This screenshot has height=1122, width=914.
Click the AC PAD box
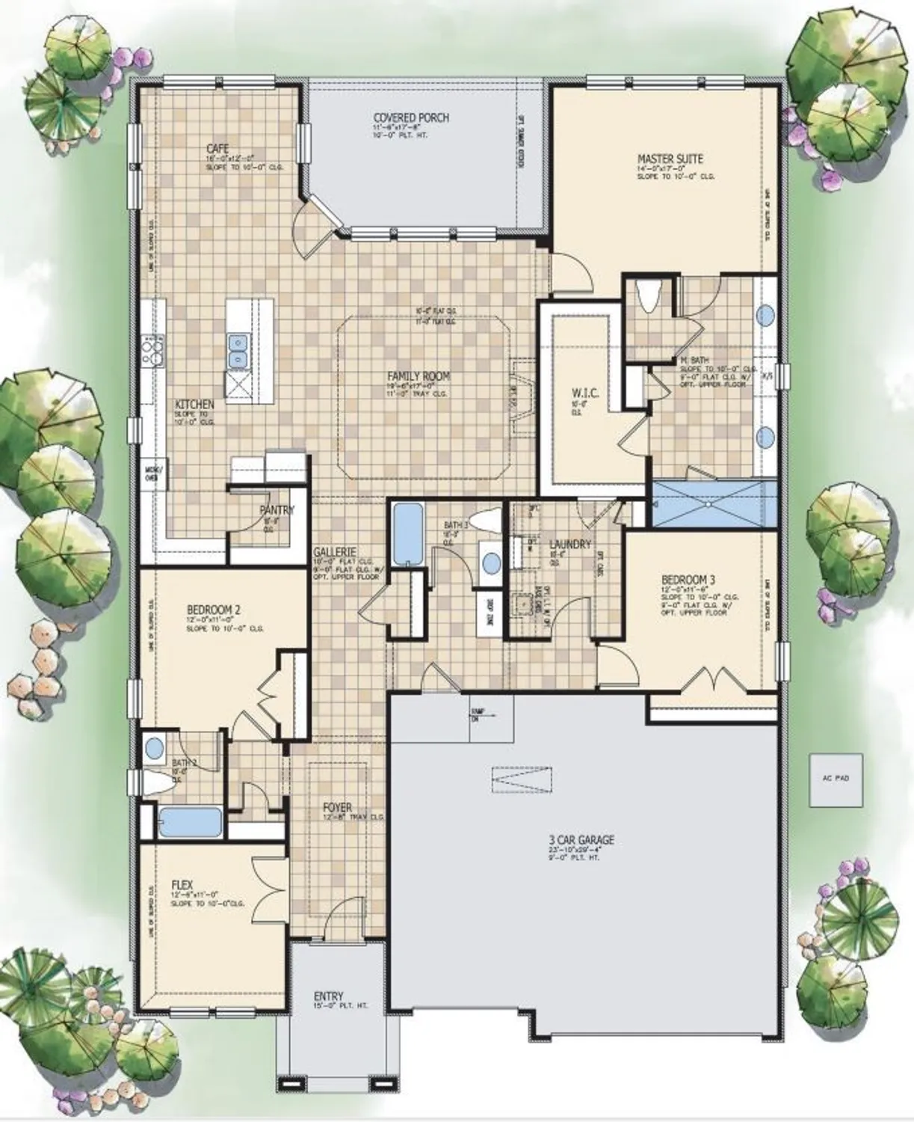836,778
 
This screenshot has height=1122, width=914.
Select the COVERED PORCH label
411,118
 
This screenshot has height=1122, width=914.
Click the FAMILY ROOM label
419,376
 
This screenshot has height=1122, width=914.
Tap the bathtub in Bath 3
407,534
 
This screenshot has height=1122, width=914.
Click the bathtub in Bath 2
191,823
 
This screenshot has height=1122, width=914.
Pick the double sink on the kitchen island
240,352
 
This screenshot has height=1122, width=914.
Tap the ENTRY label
328,996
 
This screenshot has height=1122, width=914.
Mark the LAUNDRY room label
569,545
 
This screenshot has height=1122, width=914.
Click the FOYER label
337,808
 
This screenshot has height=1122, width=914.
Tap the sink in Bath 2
155,747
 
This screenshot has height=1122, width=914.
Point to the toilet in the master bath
648,298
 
